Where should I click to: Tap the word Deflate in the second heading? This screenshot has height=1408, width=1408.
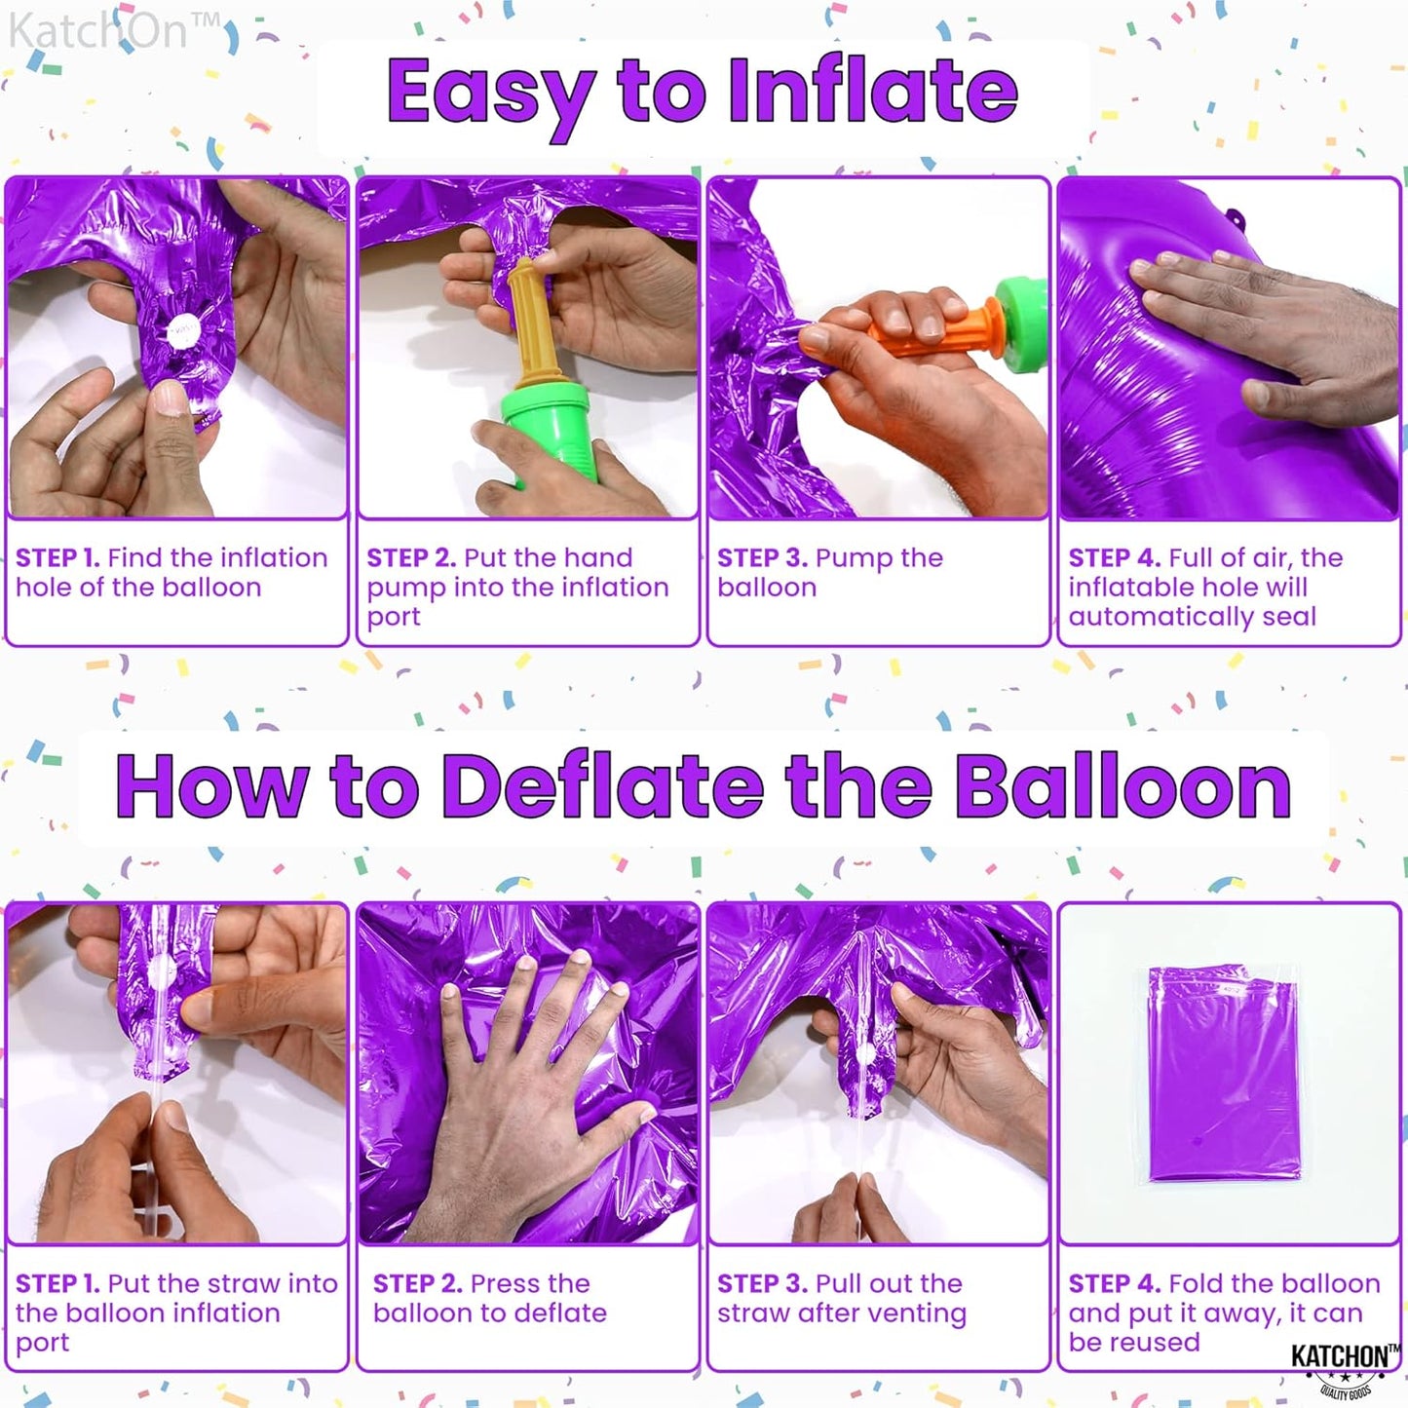[602, 786]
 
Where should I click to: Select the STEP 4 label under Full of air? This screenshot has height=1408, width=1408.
[1113, 558]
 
